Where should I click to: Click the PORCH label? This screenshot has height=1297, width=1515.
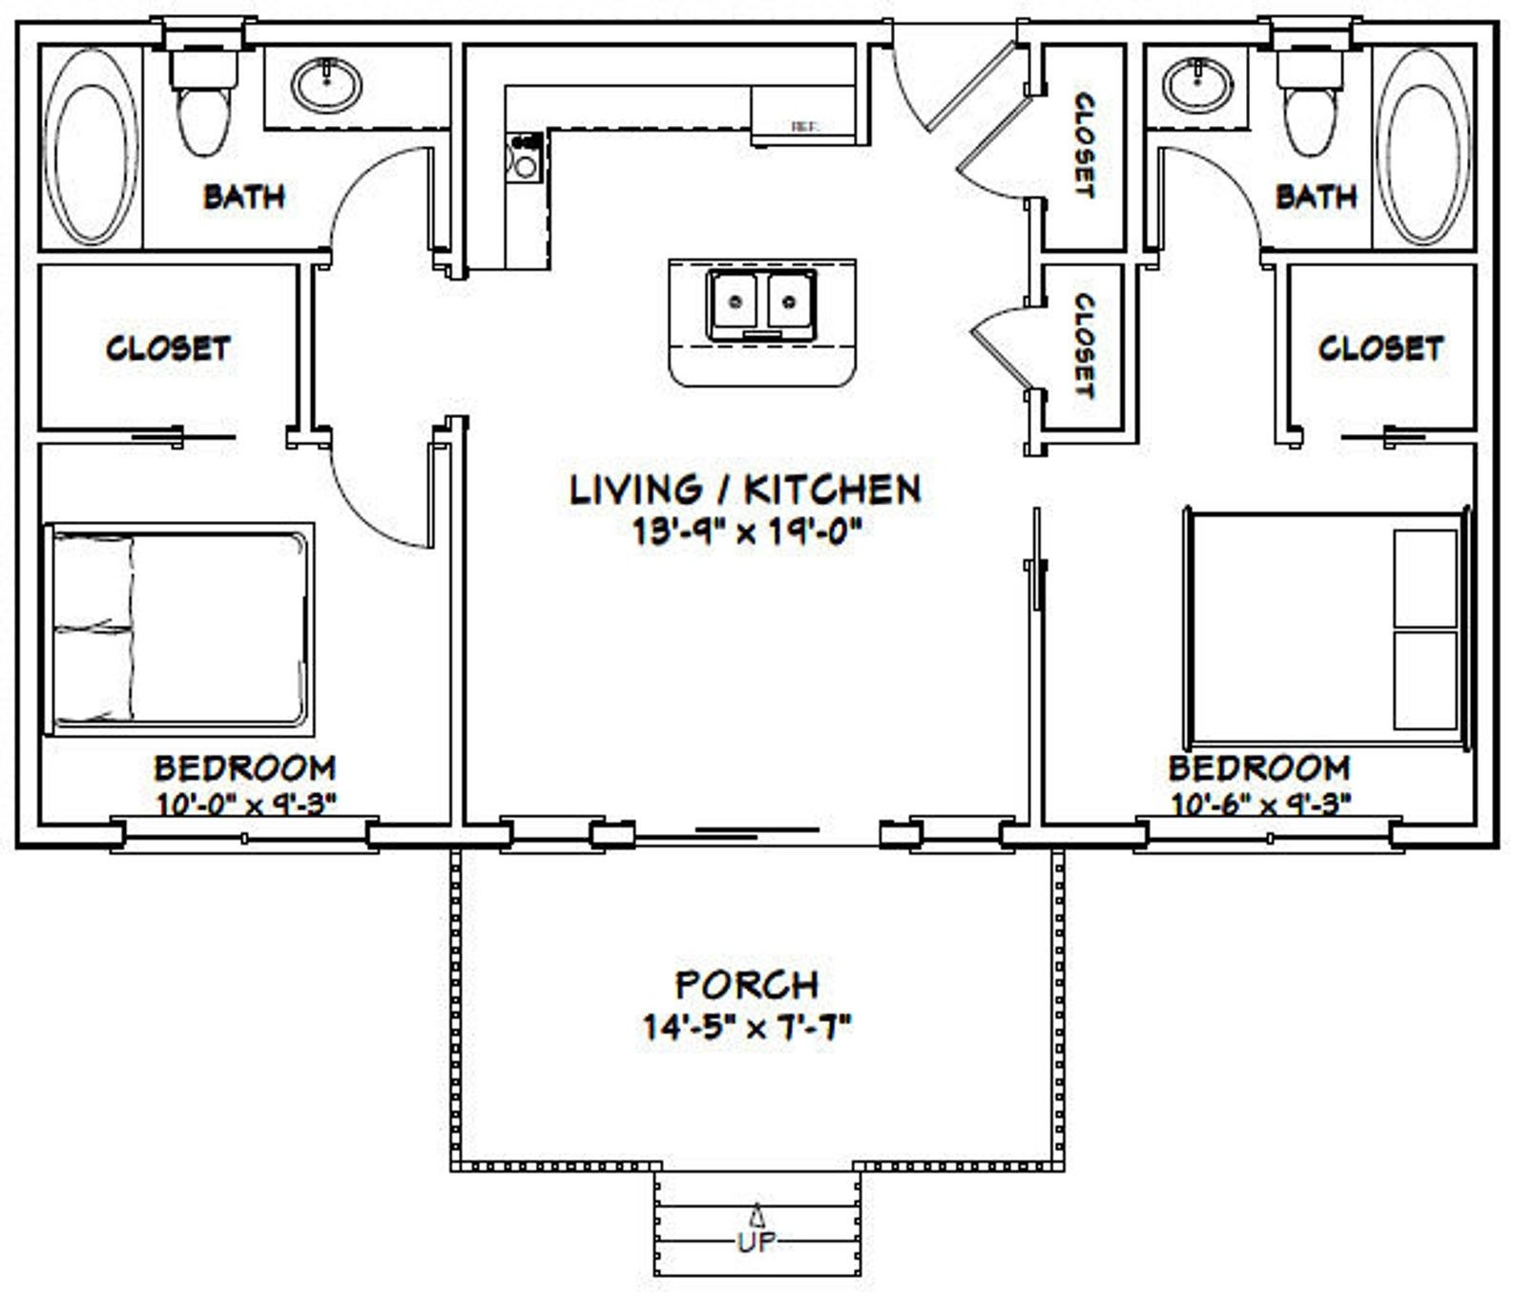click(x=746, y=984)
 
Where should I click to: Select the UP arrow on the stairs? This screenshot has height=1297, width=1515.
click(x=757, y=1217)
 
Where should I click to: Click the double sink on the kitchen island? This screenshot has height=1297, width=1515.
click(x=761, y=303)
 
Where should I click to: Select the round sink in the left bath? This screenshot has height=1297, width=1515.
click(x=326, y=83)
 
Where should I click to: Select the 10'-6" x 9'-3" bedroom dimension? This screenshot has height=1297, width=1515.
click(x=1259, y=805)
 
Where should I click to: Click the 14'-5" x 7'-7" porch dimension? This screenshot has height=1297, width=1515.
click(x=746, y=1028)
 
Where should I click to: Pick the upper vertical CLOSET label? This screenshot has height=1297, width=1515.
click(x=1084, y=145)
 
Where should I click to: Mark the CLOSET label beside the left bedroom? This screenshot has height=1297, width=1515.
click(x=168, y=347)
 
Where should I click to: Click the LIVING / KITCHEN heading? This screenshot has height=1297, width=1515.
click(x=745, y=489)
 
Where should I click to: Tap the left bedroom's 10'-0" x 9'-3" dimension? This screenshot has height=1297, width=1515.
click(x=245, y=804)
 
